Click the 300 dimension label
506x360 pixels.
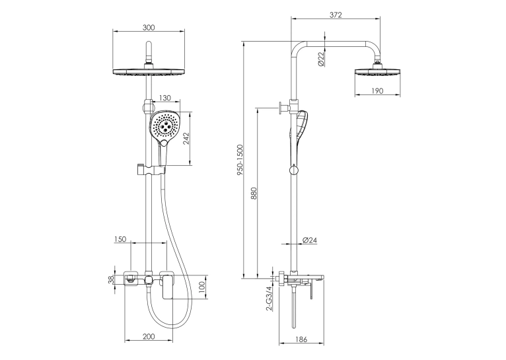tap(149, 28)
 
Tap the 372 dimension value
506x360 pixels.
tap(336, 15)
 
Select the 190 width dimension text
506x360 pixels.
tap(377, 91)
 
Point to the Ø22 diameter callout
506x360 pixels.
tap(321, 59)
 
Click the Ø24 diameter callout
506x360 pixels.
tap(310, 240)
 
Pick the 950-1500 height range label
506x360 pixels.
tap(240, 160)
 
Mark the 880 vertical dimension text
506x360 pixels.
tap(254, 193)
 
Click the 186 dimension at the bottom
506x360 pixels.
tap(301, 340)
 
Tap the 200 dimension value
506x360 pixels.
tap(149, 336)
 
